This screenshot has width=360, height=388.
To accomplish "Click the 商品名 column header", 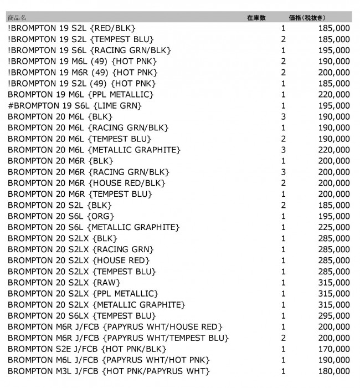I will [x=17, y=18].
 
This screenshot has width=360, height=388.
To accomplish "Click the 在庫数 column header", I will [x=256, y=18].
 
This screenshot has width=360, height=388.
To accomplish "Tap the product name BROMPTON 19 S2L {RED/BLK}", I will [x=72, y=28].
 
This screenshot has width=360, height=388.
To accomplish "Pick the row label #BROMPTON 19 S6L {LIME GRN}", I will [x=75, y=105].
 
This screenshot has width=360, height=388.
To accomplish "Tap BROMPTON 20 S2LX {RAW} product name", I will [x=65, y=283].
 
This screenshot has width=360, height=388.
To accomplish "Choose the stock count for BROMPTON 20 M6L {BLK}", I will [x=284, y=116].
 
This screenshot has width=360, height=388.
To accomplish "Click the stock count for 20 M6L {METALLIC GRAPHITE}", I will [x=284, y=150].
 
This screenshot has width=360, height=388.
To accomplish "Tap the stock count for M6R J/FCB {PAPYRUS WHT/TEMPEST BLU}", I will [x=284, y=338].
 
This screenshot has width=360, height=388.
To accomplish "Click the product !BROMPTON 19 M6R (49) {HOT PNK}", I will [x=83, y=72].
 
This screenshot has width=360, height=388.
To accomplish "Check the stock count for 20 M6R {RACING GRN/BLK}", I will [x=284, y=172].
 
